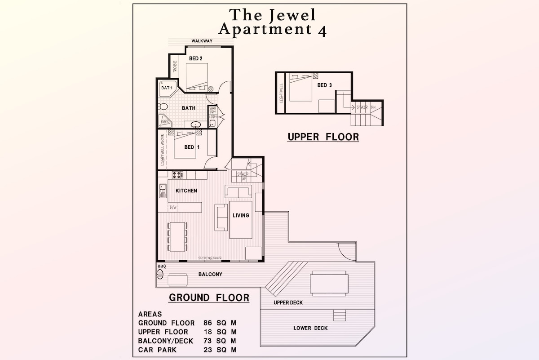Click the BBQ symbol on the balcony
(160, 274)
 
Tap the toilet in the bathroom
(163, 106)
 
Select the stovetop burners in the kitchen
(177, 175)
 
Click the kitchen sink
(163, 191)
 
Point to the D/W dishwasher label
(173, 207)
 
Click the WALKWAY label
(202, 41)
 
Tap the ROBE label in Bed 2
(175, 66)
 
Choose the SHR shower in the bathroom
(165, 121)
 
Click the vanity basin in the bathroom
(196, 124)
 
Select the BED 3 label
(324, 85)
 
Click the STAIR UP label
(243, 176)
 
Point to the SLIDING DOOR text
(210, 258)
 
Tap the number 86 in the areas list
(208, 323)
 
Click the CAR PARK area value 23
(208, 350)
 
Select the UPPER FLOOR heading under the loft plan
(323, 137)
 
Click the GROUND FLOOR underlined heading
(209, 298)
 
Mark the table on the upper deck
(329, 284)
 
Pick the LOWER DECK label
(310, 328)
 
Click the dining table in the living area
(177, 237)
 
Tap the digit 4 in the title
(322, 31)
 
